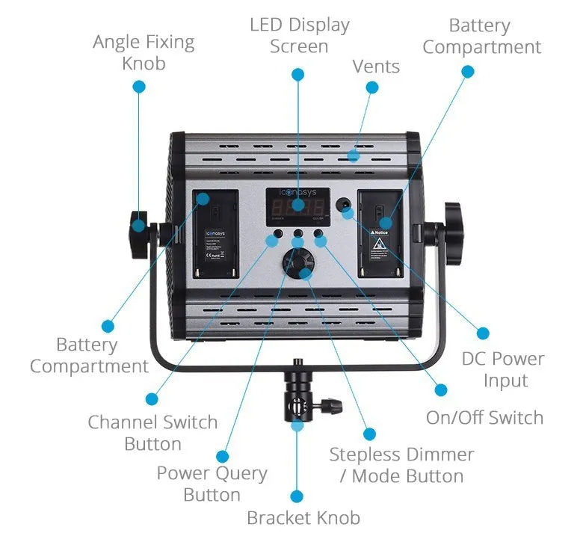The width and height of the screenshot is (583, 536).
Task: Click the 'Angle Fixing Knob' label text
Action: click(x=144, y=52)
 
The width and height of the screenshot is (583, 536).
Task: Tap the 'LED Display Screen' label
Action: click(x=299, y=35)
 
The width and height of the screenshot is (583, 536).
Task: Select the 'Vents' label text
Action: click(x=376, y=67)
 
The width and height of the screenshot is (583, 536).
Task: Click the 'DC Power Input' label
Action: click(x=502, y=369)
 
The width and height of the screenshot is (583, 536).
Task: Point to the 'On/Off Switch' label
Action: click(x=484, y=417)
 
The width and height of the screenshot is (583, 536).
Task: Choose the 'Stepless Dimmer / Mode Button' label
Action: click(x=401, y=464)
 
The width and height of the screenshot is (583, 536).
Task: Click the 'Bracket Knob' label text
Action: click(x=303, y=517)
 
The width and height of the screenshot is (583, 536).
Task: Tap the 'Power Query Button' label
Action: click(x=212, y=484)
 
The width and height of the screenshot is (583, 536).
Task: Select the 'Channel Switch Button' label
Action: click(x=152, y=432)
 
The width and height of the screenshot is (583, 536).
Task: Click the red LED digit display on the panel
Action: click(x=297, y=206)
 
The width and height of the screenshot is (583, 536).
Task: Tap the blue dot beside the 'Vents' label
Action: click(x=372, y=87)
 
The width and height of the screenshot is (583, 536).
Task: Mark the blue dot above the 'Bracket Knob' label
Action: click(x=297, y=496)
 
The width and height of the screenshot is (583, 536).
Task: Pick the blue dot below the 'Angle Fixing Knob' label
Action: click(x=138, y=86)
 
